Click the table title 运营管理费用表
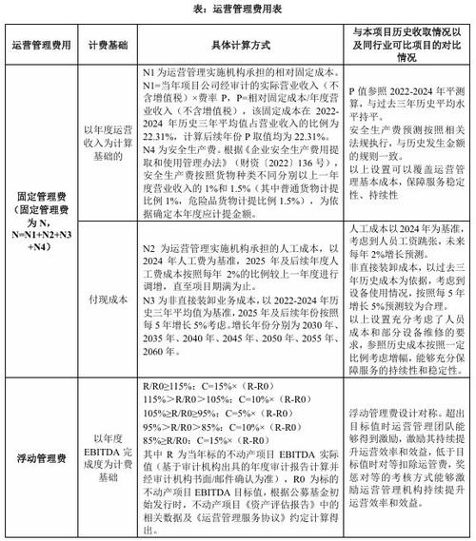(237, 9)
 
